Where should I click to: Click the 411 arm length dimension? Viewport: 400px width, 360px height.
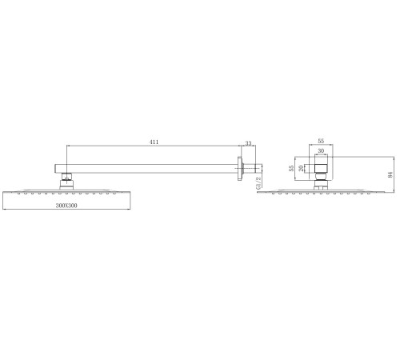154,142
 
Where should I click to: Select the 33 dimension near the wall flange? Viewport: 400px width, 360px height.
248,144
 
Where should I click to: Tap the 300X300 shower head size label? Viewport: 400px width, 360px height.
66,206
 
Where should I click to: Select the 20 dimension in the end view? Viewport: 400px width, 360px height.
299,169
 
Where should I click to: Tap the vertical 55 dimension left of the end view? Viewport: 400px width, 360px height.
291,169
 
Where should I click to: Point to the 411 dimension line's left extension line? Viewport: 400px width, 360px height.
66,154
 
